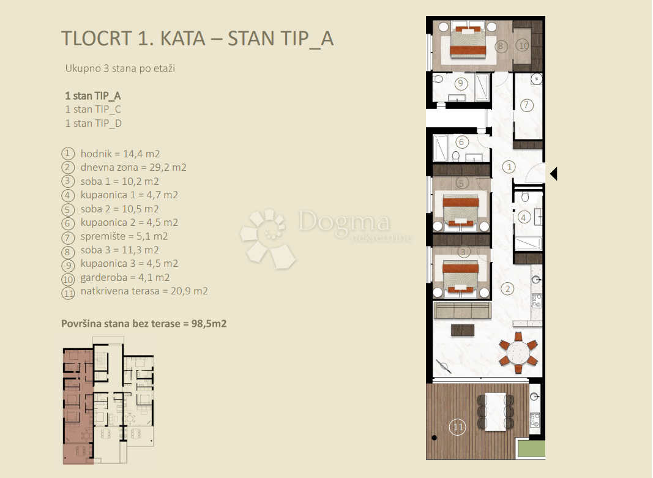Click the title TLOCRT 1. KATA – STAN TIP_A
point(197,38)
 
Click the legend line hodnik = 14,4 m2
point(120,154)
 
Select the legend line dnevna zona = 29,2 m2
point(133,168)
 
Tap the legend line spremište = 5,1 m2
point(124,236)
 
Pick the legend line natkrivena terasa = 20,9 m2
point(144,291)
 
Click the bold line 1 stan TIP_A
point(93,96)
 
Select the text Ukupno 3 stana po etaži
point(120,69)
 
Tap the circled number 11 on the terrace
point(457,427)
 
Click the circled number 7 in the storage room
point(527,105)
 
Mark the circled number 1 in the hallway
point(508,166)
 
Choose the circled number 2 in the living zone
point(508,289)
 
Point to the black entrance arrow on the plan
point(553,174)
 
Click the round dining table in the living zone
point(517,353)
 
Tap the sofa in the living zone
point(462,310)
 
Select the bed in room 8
point(469,42)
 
